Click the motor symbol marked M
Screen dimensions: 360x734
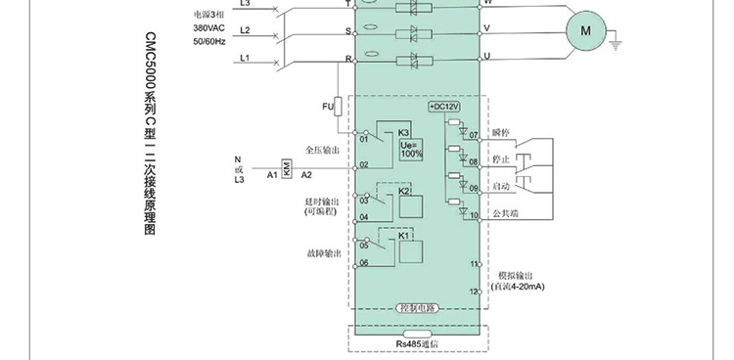(x=587, y=31)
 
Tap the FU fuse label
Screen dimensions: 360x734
(x=327, y=106)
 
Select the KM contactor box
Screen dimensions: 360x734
(x=286, y=169)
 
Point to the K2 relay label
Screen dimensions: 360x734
(x=403, y=191)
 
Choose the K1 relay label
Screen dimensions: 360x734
(x=403, y=236)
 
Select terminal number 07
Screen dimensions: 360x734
(x=474, y=134)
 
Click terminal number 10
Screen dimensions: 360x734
(x=474, y=215)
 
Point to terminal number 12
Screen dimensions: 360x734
(x=475, y=292)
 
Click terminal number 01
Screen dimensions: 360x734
(x=363, y=139)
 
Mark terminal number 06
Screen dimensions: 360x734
(x=363, y=263)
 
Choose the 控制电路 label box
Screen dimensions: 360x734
(x=417, y=308)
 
